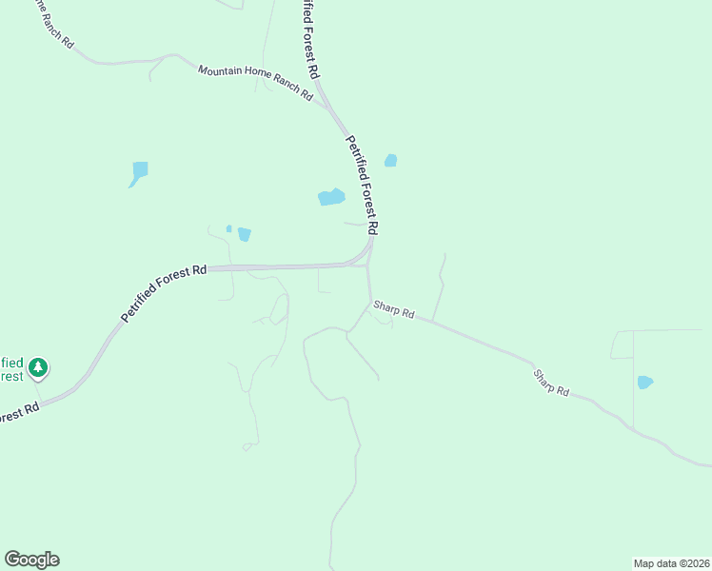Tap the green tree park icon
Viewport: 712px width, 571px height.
37,366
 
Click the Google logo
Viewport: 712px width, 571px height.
31,560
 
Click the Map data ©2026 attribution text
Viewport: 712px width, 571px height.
671,562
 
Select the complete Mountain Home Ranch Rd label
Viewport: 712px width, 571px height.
255,83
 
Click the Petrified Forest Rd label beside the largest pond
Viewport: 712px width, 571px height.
363,185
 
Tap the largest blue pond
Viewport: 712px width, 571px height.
331,197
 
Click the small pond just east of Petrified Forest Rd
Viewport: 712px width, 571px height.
390,160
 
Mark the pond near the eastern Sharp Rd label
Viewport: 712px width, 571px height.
644,383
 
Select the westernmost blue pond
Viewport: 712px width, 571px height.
140,172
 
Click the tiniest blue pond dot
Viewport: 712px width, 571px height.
228,228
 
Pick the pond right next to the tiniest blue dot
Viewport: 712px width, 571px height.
245,234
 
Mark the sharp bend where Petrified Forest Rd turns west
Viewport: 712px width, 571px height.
366,257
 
